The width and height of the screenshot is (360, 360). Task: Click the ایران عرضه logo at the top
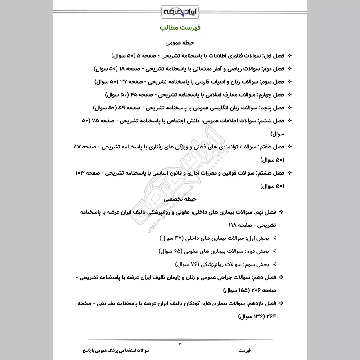[180, 9]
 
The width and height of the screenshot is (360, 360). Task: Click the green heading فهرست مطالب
[180, 28]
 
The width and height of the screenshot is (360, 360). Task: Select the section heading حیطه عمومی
[180, 43]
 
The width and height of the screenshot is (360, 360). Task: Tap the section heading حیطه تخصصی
[180, 198]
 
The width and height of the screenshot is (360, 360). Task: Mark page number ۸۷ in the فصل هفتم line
[79, 147]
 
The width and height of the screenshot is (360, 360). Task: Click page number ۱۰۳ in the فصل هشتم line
[81, 173]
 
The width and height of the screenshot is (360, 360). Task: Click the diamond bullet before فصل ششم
[289, 121]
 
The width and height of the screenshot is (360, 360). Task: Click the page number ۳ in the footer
[180, 345]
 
